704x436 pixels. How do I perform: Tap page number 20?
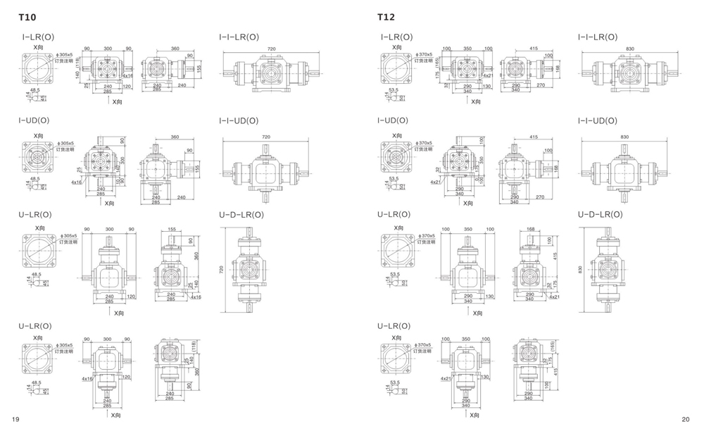[x=686, y=419]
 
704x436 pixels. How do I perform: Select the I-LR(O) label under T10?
[x=35, y=37]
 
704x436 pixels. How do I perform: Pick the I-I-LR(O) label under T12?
[x=598, y=37]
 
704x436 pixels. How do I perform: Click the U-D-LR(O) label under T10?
[x=241, y=214]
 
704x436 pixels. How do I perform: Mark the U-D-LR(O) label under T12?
[x=601, y=214]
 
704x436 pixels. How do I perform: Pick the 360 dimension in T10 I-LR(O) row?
[x=175, y=49]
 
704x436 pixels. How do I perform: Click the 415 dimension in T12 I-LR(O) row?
[x=534, y=49]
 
